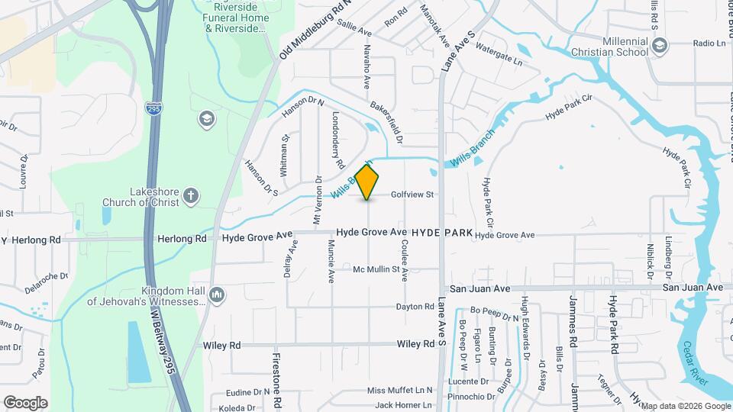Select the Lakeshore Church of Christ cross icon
(x=191, y=197)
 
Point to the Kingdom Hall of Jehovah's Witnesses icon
(x=217, y=295)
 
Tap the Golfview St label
(x=412, y=195)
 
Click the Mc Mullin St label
(x=376, y=269)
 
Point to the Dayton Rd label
(x=415, y=307)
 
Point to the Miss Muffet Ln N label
(x=399, y=391)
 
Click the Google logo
(x=25, y=402)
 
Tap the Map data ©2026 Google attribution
(x=685, y=406)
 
